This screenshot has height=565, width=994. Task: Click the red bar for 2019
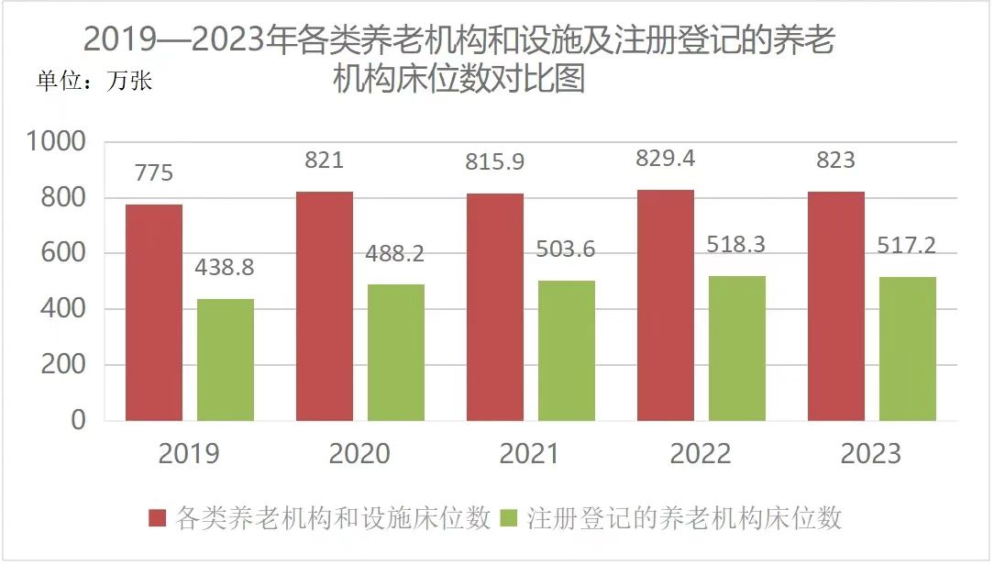click(154, 312)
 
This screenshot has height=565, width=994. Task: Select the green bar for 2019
click(225, 360)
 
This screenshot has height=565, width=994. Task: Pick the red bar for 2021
click(495, 306)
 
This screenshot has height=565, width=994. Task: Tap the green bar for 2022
click(736, 348)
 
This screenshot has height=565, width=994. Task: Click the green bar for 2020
click(395, 352)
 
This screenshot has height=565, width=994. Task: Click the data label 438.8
click(225, 268)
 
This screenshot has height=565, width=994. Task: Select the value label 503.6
click(566, 249)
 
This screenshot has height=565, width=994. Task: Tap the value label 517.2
click(907, 245)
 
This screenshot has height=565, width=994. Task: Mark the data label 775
click(153, 172)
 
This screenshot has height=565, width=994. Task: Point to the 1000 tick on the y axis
click(57, 142)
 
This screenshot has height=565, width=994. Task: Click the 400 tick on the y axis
click(65, 309)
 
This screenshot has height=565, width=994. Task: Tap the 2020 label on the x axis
click(359, 453)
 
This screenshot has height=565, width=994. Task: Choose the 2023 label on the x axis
click(871, 453)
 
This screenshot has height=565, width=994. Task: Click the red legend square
click(159, 519)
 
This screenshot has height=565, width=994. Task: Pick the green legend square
click(511, 519)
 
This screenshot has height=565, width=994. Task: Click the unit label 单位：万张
click(94, 81)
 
